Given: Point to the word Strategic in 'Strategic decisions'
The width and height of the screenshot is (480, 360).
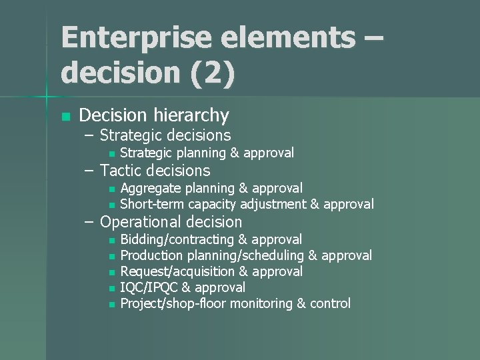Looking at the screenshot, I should click(x=132, y=135).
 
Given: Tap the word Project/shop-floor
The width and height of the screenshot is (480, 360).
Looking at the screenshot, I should click(x=173, y=303).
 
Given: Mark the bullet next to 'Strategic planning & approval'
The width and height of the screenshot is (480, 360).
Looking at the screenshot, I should click(x=111, y=154).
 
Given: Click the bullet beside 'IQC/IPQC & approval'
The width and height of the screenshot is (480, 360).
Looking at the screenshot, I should click(x=111, y=288).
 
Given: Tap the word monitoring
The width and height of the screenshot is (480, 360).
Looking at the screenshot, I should click(x=260, y=303).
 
